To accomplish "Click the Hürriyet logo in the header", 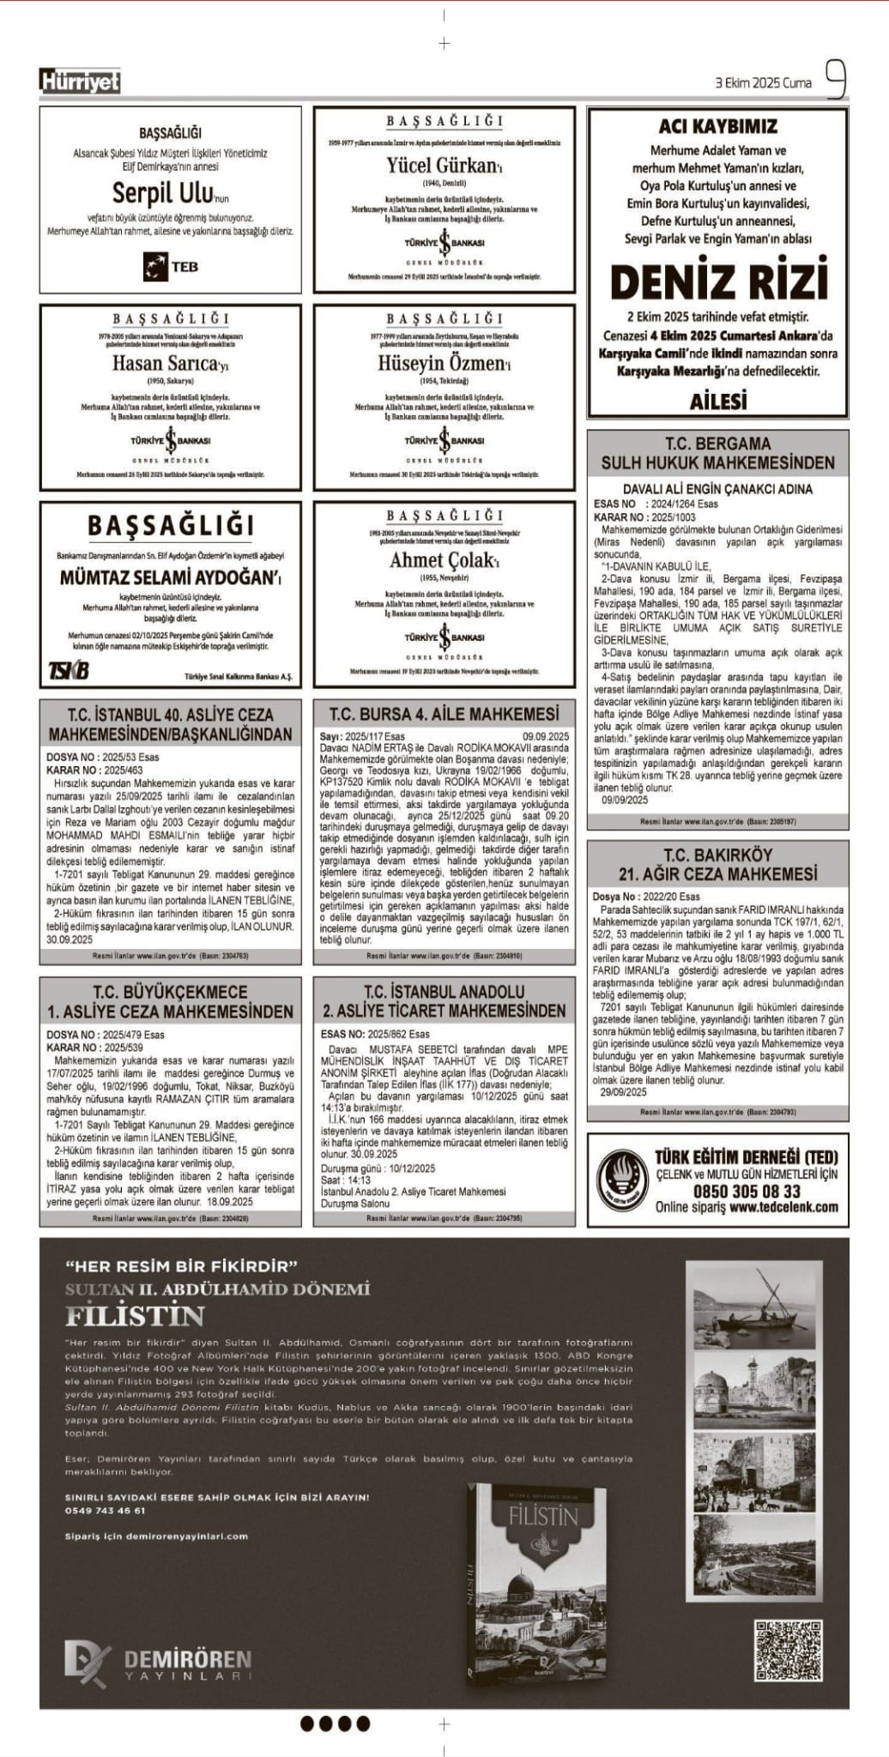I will (x=80, y=82).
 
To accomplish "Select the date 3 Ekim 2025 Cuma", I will (x=763, y=83).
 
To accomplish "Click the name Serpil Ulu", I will (x=161, y=191).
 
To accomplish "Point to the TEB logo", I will (x=170, y=267).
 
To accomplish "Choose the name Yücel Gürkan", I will (x=441, y=165).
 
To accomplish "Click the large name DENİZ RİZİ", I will (x=719, y=281).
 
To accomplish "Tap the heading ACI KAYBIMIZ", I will (x=717, y=126).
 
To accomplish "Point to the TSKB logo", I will (x=69, y=670).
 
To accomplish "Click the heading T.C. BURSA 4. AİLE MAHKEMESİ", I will (x=444, y=714).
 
